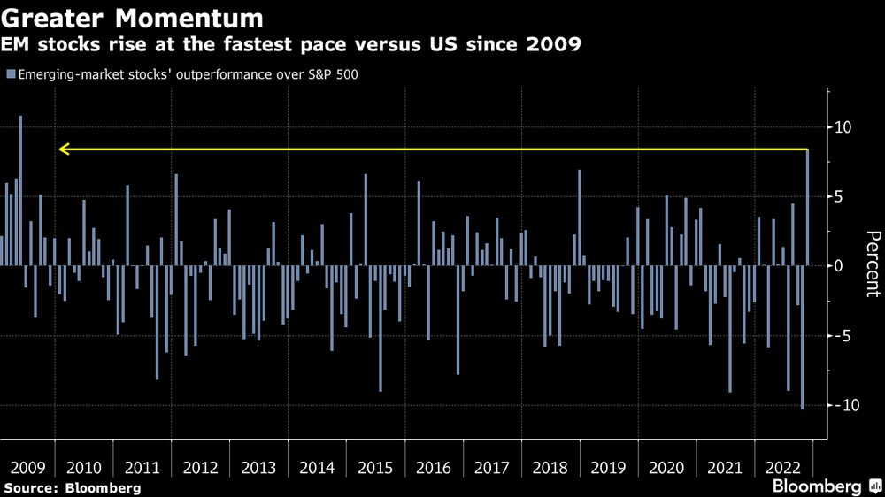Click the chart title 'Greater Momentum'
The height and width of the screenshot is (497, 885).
(x=132, y=18)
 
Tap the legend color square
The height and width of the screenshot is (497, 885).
(x=9, y=73)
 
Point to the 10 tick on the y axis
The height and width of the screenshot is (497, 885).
(x=843, y=127)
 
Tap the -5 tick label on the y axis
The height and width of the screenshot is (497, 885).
(x=843, y=336)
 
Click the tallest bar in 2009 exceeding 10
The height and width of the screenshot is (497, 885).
(x=20, y=190)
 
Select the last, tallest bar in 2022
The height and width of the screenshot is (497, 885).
(x=807, y=208)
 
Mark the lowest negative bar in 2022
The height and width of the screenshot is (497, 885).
(x=802, y=337)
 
